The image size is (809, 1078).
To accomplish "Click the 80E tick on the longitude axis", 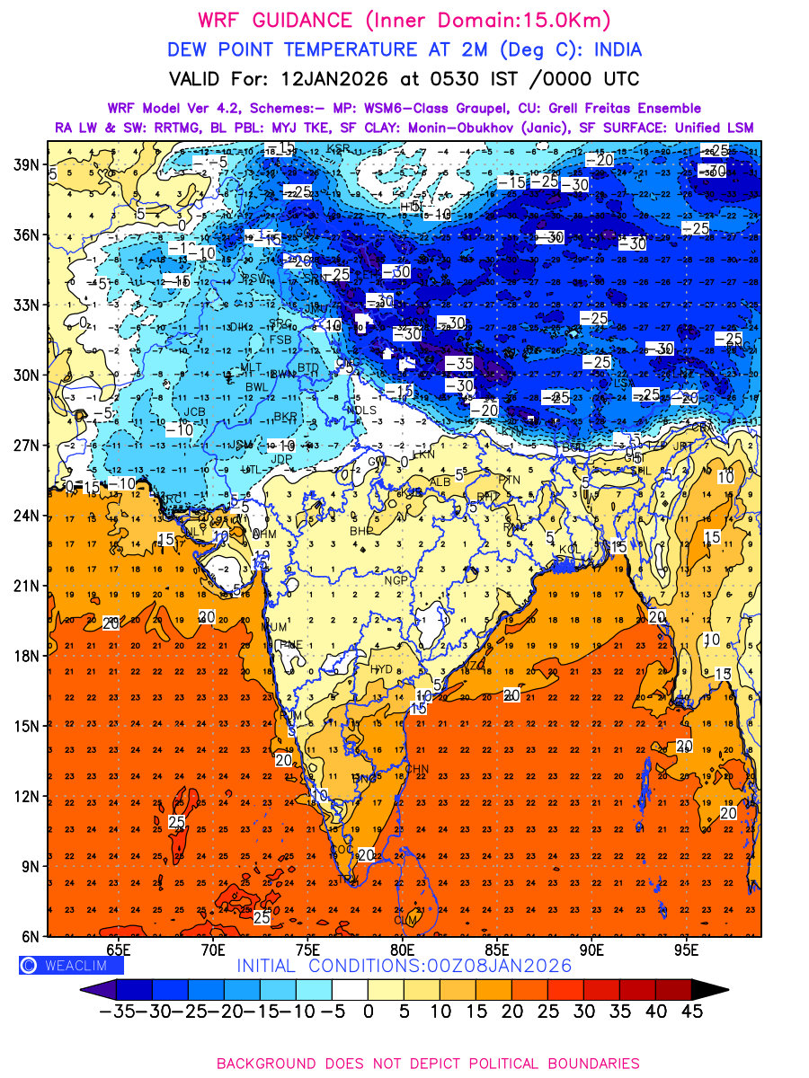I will click(x=402, y=949).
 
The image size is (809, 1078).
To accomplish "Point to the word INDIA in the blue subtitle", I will click(x=609, y=49).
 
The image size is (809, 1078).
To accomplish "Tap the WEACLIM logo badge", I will click(x=71, y=965).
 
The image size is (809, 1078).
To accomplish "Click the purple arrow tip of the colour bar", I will click(x=90, y=989).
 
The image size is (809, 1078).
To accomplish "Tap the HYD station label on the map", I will click(x=382, y=670).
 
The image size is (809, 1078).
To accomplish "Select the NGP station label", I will click(x=396, y=581).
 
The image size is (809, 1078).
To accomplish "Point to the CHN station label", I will click(x=418, y=769).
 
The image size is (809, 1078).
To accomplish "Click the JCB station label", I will click(x=195, y=412).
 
